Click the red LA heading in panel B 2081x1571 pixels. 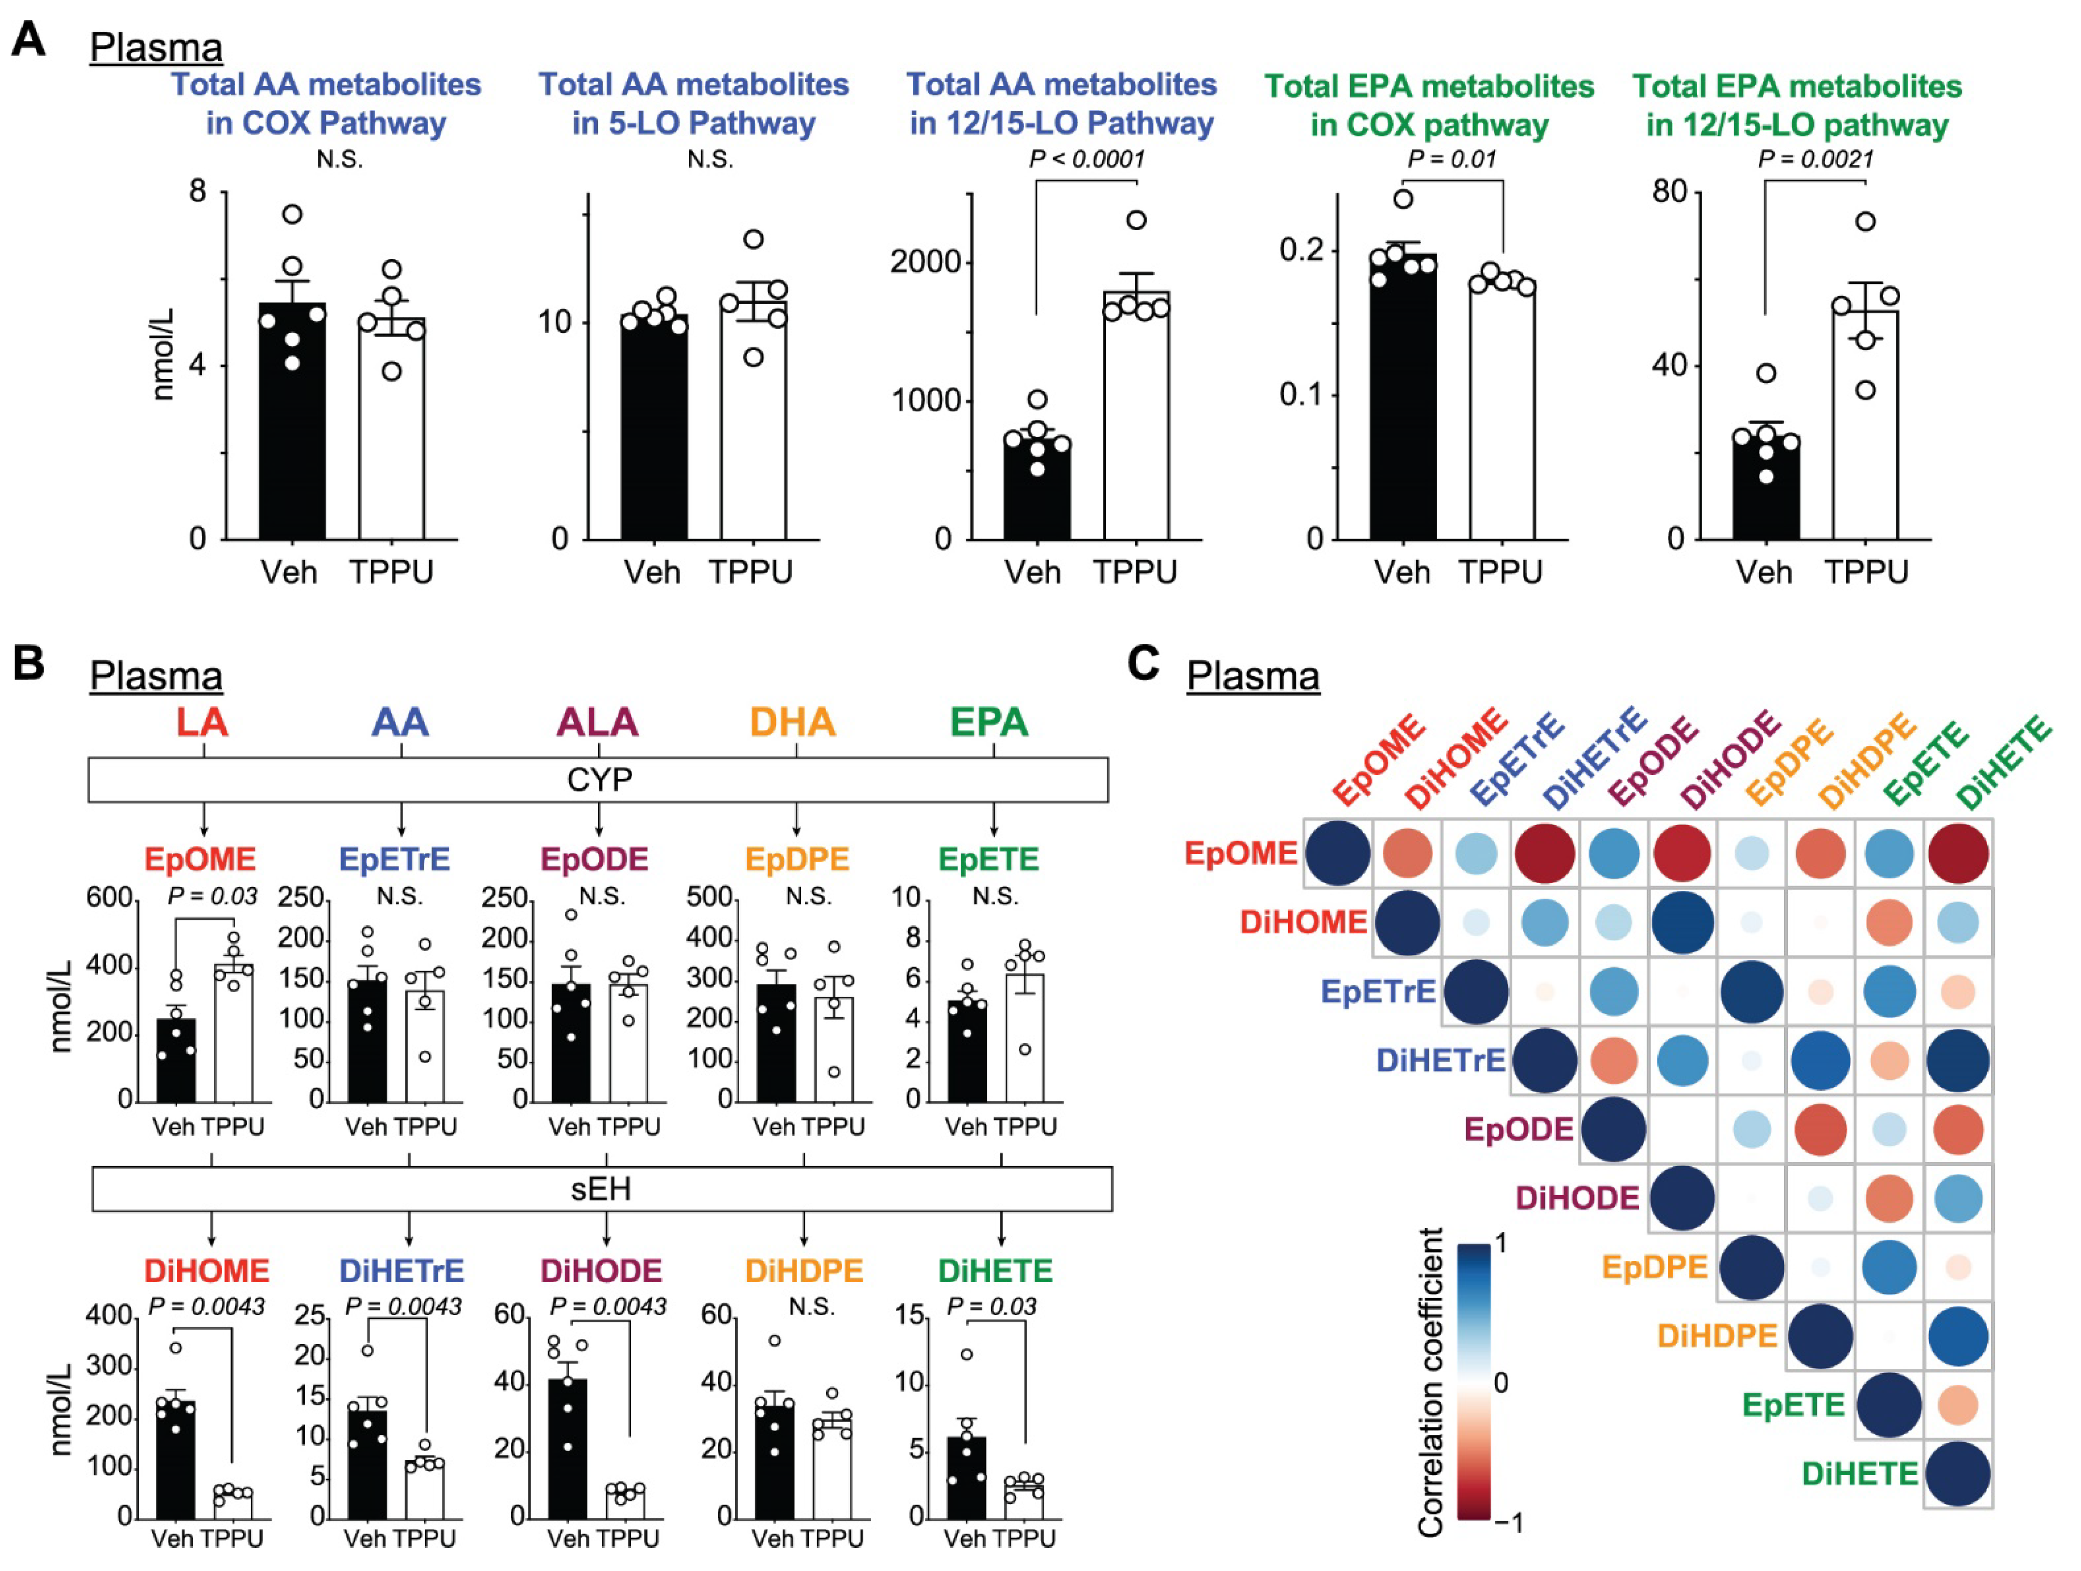coord(202,723)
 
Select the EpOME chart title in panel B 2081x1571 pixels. coord(199,859)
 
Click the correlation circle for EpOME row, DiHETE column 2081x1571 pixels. coord(1958,853)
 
